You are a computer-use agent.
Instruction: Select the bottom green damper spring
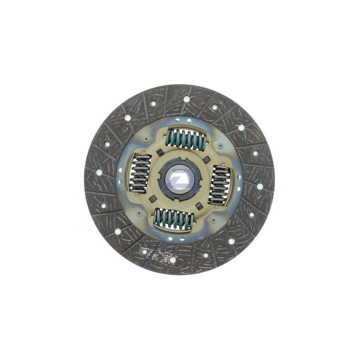coord(173,218)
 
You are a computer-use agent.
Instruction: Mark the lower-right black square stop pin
coord(199,205)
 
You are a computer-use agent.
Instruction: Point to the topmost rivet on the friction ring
coord(186,99)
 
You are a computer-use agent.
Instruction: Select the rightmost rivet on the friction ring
coord(260,186)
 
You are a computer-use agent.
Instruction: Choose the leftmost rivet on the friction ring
coord(99,172)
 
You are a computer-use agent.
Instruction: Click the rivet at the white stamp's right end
coord(172,259)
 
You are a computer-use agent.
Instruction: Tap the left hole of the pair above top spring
coord(181,119)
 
